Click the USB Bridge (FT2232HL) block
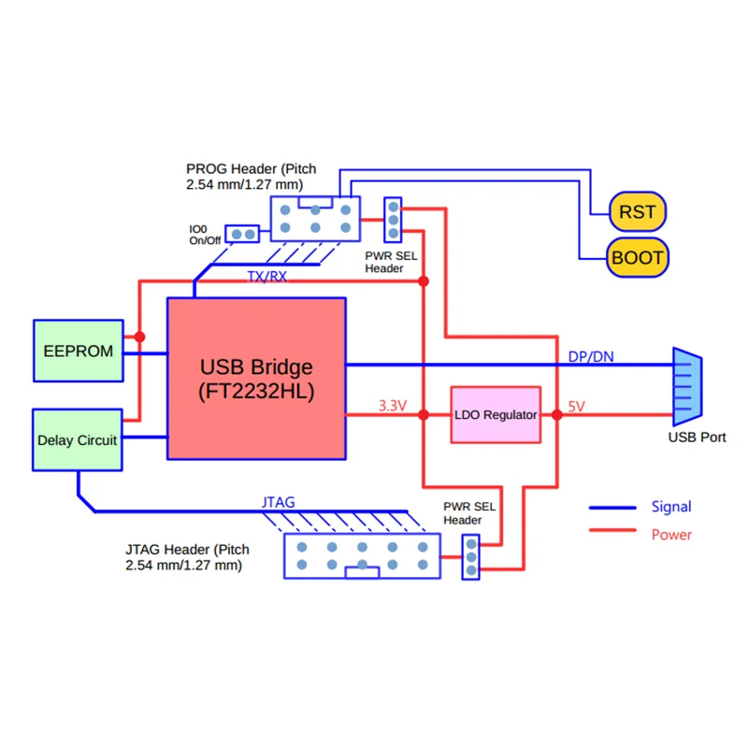coord(256,378)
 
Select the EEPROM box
coord(79,351)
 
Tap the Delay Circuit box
coord(78,439)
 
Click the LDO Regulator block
coord(496,414)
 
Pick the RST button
coord(638,212)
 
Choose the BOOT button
coord(638,257)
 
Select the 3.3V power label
coord(393,406)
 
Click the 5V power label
coord(577,407)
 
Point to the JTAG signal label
coord(278,502)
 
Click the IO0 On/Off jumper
coord(246,233)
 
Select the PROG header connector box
coord(315,219)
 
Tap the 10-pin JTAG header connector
coord(361,555)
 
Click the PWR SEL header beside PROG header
coord(394,219)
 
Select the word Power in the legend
coord(671,535)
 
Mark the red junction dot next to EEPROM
coord(139,337)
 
